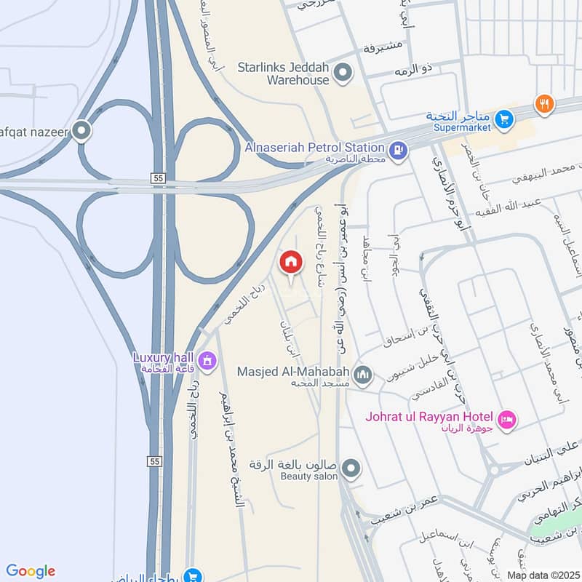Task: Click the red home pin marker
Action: (x=291, y=262)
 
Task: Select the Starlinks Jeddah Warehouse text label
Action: (x=284, y=73)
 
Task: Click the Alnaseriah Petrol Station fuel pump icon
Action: (x=398, y=151)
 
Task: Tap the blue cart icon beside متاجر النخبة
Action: (x=503, y=119)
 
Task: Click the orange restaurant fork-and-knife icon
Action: (x=543, y=104)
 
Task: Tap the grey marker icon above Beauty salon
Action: (x=351, y=469)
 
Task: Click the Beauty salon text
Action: (x=309, y=477)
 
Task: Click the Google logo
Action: (x=31, y=571)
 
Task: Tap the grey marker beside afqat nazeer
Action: (x=82, y=131)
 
